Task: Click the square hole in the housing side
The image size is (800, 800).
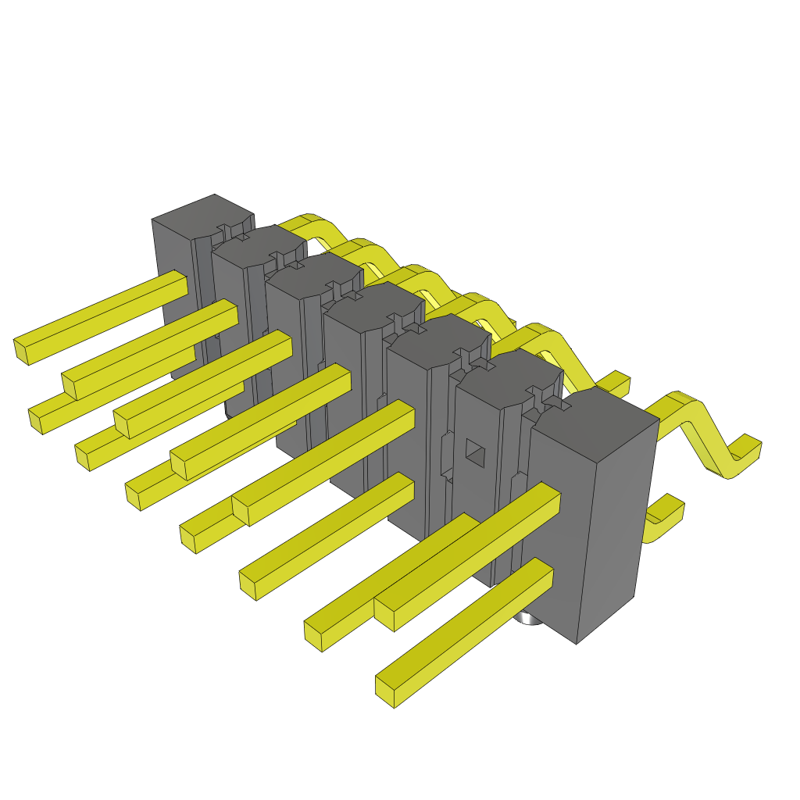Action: coord(473,449)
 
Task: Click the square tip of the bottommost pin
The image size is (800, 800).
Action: coord(384,691)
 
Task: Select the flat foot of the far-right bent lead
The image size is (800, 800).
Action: coord(746,452)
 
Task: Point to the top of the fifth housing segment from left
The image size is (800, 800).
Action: coord(437,334)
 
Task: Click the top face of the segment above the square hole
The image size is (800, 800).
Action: coord(504,371)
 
